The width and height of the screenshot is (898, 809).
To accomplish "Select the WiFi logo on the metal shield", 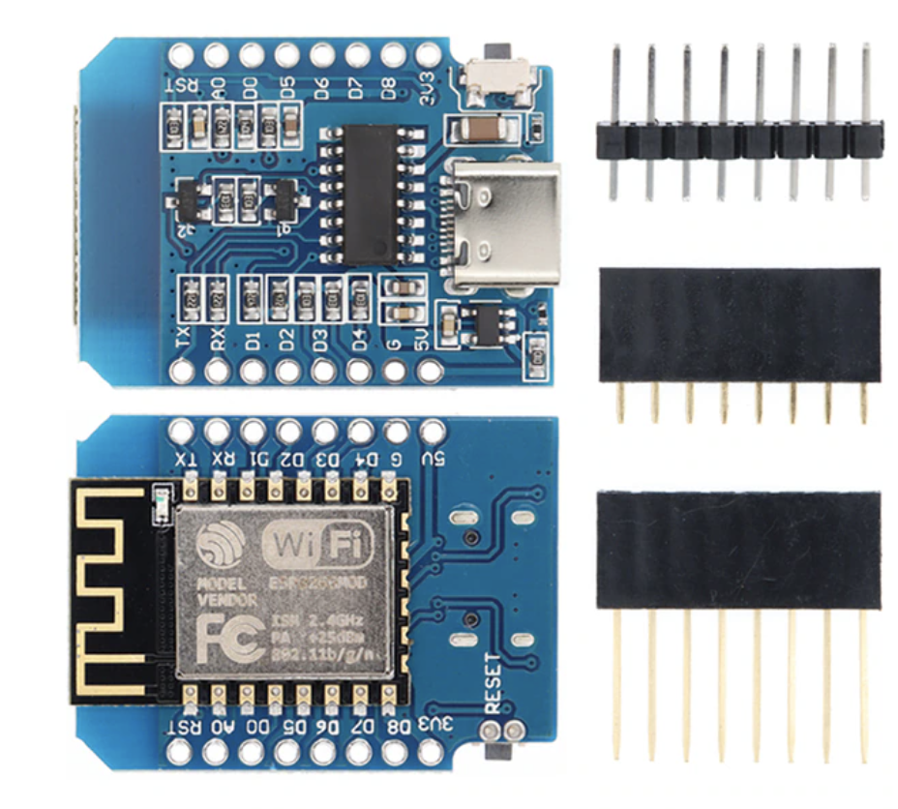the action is (x=308, y=543).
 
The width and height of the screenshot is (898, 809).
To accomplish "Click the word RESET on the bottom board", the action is (x=493, y=682).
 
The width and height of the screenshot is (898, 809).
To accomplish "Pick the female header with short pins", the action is (x=740, y=325).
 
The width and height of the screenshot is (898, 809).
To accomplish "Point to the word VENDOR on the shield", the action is (x=228, y=600).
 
